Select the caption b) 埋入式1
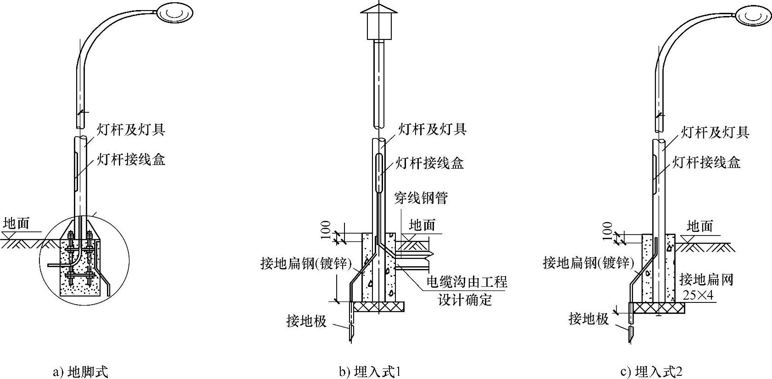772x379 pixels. coord(370,371)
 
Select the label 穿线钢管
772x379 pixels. coord(421,198)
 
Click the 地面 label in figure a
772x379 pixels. coord(16,223)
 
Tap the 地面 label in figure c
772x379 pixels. coord(700,226)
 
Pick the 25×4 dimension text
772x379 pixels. coord(698,296)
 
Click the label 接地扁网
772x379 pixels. coord(706,280)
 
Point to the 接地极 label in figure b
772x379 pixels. coord(306,321)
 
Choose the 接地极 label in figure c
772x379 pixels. coord(589,319)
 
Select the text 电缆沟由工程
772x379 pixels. coord(467,281)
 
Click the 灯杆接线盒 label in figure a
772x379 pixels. coord(131,159)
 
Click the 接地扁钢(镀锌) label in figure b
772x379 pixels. coord(306,264)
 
